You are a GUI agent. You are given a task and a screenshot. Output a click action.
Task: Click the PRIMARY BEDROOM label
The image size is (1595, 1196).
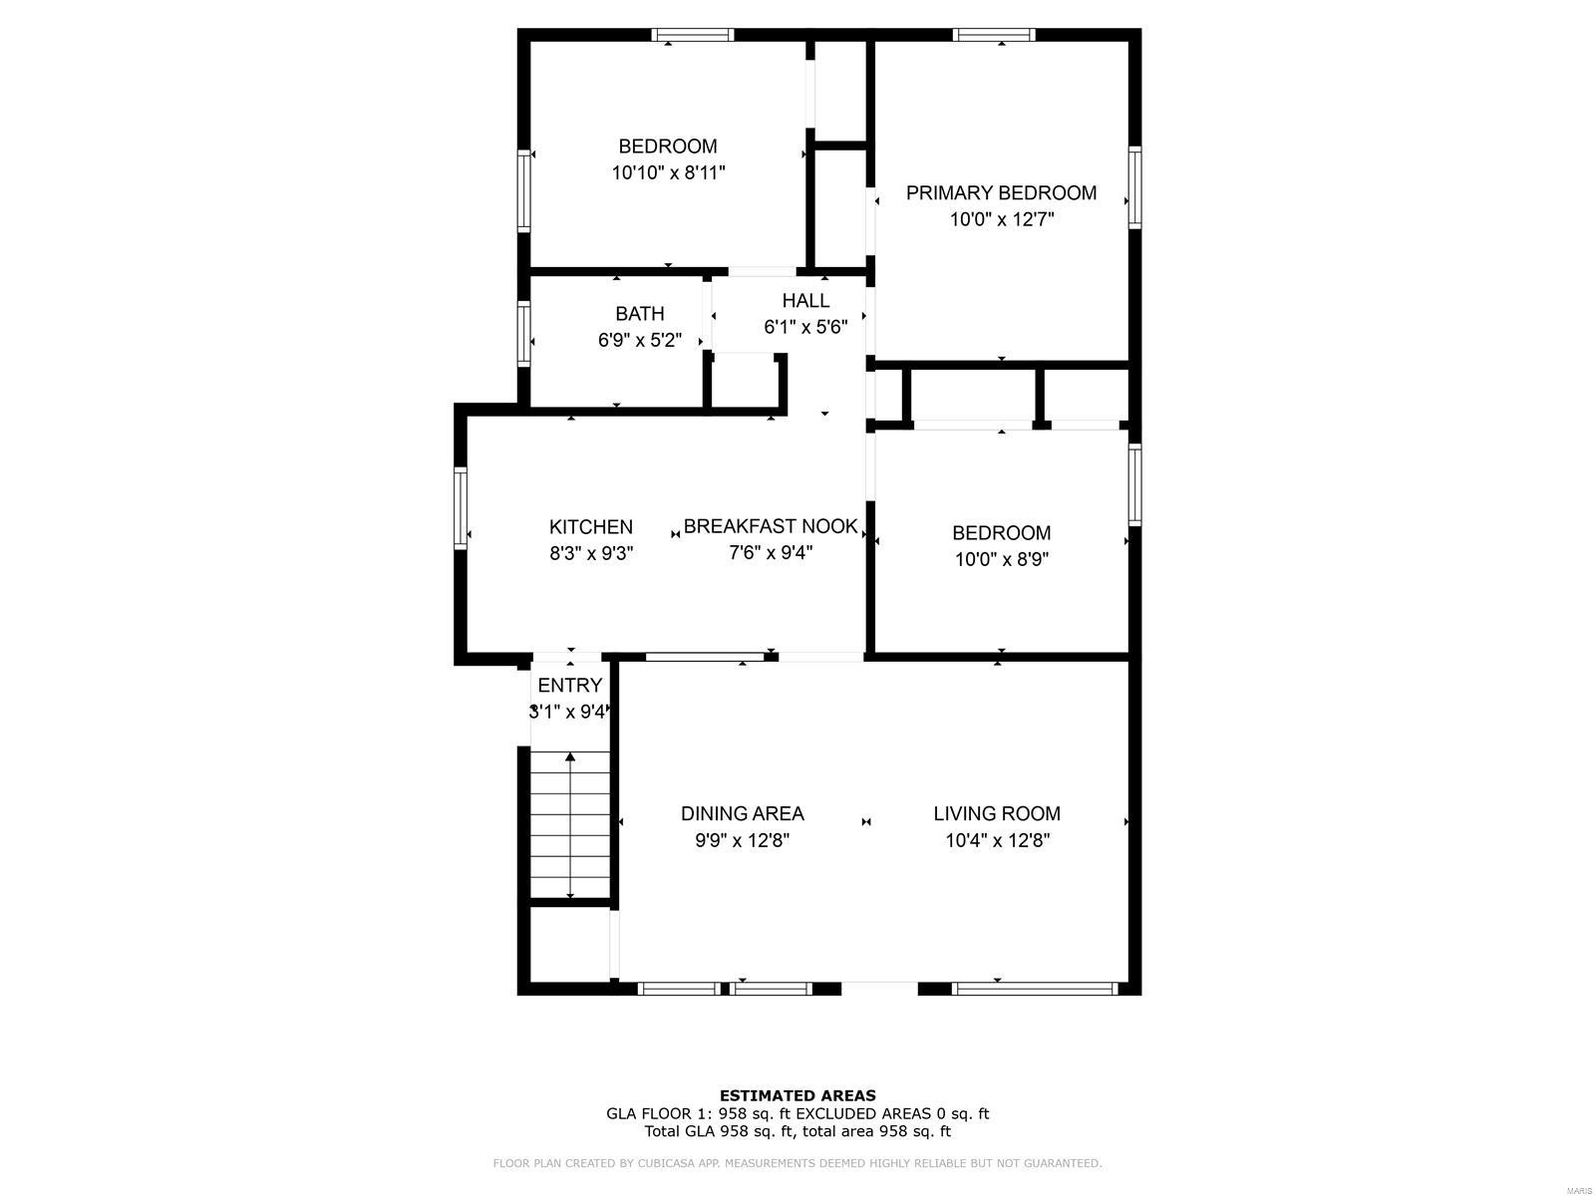click(x=1001, y=193)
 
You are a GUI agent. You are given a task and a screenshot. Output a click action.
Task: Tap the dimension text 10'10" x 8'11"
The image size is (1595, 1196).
click(x=668, y=172)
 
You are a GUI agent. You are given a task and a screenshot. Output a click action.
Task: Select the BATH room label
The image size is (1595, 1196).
click(x=639, y=314)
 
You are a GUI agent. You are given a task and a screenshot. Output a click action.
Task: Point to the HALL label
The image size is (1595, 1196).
click(x=805, y=301)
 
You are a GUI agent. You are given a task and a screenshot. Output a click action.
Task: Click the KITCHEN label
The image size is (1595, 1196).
click(x=590, y=527)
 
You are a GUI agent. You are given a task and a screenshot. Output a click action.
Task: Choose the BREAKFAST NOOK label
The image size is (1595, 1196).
click(x=770, y=526)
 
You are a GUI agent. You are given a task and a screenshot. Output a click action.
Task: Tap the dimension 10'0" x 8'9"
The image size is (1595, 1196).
click(x=1001, y=559)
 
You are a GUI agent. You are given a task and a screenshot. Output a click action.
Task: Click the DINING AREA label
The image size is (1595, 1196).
click(x=742, y=813)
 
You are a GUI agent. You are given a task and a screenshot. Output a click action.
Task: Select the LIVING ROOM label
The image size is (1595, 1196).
click(x=997, y=813)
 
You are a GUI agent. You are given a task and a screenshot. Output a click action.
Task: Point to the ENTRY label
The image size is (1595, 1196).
click(x=569, y=686)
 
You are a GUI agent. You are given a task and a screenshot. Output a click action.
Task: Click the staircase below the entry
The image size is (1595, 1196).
click(x=569, y=825)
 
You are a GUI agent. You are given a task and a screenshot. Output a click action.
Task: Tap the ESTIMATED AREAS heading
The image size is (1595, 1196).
click(x=797, y=1095)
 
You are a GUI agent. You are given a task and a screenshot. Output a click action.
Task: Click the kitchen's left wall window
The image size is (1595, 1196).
click(x=461, y=507)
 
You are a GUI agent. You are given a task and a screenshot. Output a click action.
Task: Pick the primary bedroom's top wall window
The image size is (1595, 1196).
click(x=993, y=35)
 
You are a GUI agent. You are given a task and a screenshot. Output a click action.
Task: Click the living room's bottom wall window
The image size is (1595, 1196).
click(x=1034, y=989)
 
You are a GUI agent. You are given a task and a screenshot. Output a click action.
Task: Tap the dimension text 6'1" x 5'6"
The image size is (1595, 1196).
click(x=805, y=327)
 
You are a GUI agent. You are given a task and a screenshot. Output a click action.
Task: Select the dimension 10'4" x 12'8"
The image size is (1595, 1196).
click(x=997, y=840)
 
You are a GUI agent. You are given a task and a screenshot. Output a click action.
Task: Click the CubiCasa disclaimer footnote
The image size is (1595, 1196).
click(x=797, y=1163)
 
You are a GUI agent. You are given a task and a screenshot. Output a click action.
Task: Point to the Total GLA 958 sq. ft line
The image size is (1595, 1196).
click(x=797, y=1131)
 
